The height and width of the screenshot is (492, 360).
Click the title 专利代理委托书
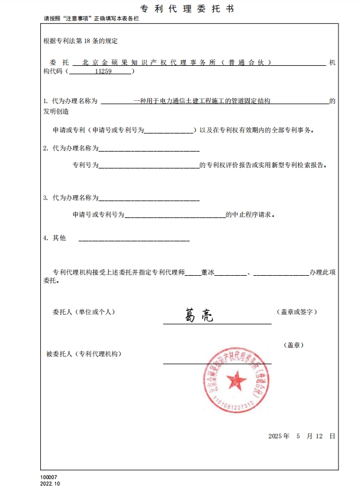click(x=180, y=9)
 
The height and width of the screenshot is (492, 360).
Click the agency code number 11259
click(x=103, y=71)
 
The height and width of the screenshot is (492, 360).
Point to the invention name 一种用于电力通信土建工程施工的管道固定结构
click(x=202, y=101)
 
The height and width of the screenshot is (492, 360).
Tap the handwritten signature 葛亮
click(x=199, y=315)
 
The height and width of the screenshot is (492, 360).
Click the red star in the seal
click(x=237, y=381)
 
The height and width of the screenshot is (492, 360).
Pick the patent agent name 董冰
click(x=208, y=272)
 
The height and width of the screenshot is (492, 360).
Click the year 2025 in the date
click(x=275, y=436)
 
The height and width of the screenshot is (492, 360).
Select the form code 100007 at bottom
click(x=49, y=477)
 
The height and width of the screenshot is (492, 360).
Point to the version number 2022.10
click(x=50, y=484)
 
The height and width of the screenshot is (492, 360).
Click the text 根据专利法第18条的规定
click(x=80, y=41)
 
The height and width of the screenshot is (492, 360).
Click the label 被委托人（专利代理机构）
click(x=84, y=354)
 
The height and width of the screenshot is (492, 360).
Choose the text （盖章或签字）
click(x=298, y=312)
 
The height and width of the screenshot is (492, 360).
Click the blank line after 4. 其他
click(x=134, y=239)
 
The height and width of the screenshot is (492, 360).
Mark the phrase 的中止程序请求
click(x=250, y=215)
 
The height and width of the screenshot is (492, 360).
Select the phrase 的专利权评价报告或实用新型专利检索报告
click(x=263, y=166)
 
